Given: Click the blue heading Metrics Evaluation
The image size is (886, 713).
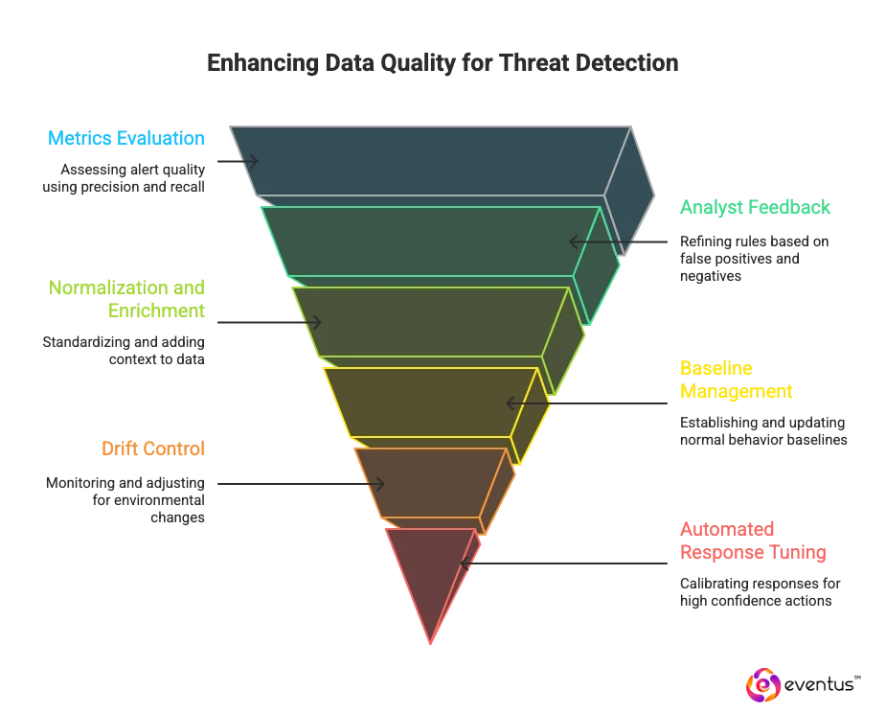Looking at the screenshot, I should point(125,138).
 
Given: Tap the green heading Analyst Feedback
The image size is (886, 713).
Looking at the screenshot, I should point(755,207).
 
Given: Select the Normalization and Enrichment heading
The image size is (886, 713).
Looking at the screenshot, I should point(127,298).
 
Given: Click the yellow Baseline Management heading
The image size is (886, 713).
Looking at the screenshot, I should point(735,379).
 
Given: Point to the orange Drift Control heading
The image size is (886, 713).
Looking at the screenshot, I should point(153,448).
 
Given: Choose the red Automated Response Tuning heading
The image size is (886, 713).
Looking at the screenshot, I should point(752,541).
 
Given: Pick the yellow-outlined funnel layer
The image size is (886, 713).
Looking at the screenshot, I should point(431,402).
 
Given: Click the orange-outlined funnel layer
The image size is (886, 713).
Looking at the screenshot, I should point(431,482).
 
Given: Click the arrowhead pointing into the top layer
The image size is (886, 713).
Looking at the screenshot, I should point(255,161).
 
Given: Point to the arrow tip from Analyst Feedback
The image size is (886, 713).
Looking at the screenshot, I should point(572,241).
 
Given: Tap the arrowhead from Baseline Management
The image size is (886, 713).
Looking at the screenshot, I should point(509,402).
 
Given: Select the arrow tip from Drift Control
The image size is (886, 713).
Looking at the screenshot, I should point(381,485).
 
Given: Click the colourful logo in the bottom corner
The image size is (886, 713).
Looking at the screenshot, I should point(762,685).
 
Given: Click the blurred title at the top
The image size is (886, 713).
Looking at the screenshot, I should point(443,63).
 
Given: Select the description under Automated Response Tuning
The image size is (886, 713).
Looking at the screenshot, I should point(757,590).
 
